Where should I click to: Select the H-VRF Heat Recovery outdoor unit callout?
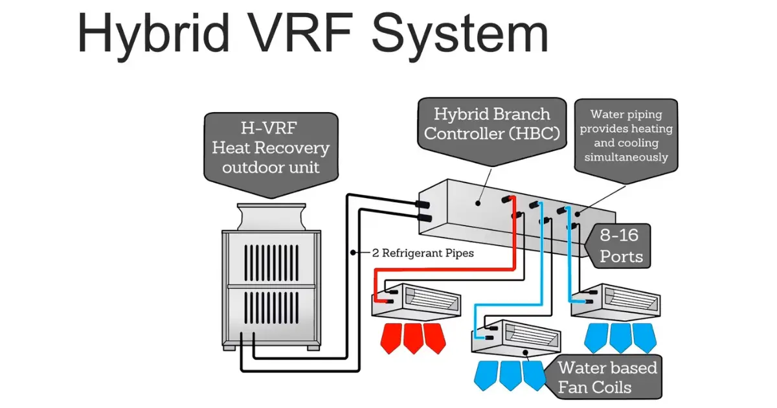[x=271, y=147]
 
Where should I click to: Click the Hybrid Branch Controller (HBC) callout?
[x=491, y=124]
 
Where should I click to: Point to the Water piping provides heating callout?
[x=626, y=135]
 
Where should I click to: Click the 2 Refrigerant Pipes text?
[x=423, y=253]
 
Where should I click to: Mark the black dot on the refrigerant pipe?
[x=353, y=251]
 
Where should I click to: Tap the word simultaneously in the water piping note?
[x=626, y=157]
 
